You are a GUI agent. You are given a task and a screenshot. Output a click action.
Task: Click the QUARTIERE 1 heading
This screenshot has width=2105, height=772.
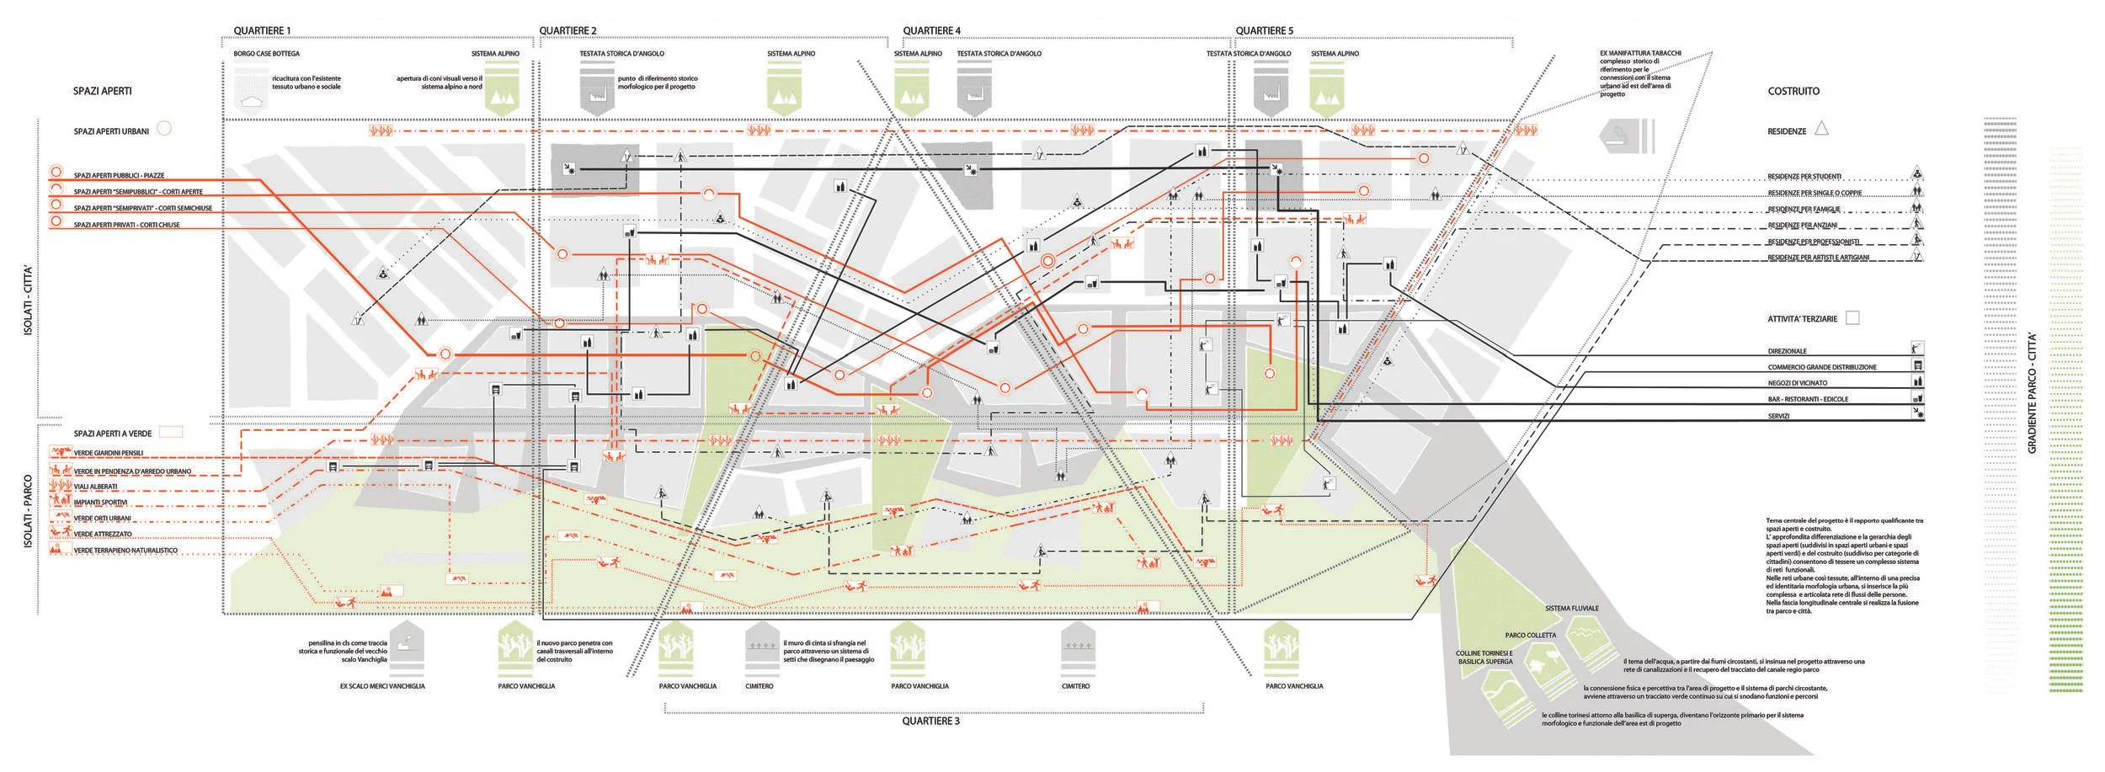262,31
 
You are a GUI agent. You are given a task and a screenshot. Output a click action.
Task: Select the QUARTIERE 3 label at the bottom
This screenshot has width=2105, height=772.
930,721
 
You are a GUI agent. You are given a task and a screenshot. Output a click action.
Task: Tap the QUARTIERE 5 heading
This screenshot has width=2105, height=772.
1264,31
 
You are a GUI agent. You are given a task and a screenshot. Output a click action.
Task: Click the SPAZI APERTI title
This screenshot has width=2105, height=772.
102,91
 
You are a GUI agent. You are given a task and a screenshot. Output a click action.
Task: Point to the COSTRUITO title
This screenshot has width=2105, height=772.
1793,91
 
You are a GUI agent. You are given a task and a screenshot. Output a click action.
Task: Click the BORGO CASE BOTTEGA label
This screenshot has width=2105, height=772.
266,54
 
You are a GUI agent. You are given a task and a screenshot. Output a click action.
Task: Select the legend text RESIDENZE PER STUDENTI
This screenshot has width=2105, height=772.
1804,177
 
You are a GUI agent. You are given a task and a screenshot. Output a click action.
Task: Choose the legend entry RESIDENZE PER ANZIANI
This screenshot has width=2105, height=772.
1802,226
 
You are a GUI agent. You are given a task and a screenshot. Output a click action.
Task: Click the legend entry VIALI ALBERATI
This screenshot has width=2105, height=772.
95,487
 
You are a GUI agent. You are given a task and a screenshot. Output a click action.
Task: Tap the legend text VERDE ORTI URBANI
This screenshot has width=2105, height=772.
102,519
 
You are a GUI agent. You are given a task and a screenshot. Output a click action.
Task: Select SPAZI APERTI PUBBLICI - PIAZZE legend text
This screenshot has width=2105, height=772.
119,176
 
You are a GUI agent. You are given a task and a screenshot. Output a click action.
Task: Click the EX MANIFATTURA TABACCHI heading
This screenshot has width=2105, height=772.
1640,54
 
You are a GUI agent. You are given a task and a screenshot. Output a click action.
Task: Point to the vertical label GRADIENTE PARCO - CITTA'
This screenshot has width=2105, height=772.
2032,393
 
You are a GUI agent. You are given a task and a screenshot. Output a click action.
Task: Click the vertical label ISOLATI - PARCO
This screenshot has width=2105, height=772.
28,514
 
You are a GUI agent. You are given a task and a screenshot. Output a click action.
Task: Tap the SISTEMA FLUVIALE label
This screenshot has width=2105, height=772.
1571,608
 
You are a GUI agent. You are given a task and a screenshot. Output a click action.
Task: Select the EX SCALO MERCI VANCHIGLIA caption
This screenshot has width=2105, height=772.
382,686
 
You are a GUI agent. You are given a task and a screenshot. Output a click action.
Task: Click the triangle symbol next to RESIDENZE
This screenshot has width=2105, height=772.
1821,129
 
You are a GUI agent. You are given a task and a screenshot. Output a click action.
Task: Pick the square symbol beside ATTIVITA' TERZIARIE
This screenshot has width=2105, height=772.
1852,318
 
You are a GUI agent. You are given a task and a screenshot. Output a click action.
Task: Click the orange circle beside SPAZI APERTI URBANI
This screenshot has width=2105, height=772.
165,129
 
